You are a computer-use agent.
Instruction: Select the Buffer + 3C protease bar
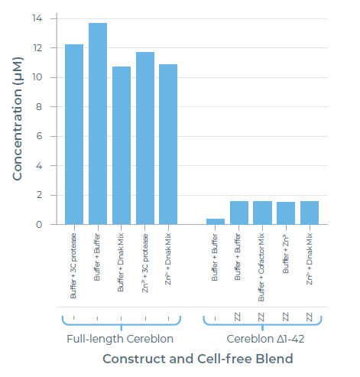point(74,135)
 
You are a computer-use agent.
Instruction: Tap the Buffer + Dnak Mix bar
point(121,145)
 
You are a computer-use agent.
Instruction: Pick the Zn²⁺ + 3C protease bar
point(144,138)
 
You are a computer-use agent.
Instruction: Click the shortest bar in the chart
point(216,221)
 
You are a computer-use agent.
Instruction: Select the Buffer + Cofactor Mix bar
point(262,213)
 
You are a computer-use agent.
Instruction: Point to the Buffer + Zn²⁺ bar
point(286,213)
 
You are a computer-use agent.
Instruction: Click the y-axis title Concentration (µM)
point(17,122)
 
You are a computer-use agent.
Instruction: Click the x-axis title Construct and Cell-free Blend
point(197,359)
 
